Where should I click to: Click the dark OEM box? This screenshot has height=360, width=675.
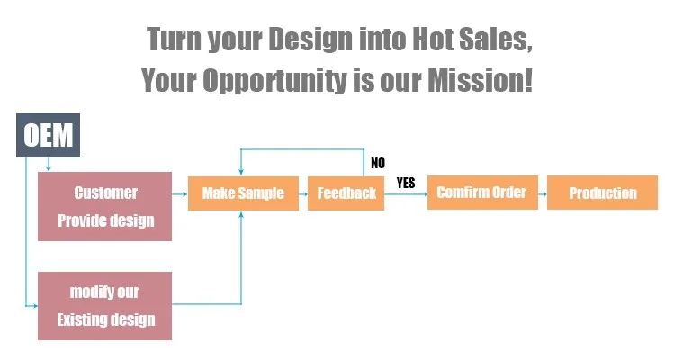[x=49, y=135]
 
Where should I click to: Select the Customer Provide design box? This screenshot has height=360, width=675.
[x=104, y=206]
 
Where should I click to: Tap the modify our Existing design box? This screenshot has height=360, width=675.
[x=104, y=306]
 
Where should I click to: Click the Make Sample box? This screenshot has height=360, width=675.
[x=243, y=193]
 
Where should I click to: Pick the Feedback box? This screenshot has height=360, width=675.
[x=346, y=193]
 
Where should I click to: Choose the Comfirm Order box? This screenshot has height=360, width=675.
[x=482, y=193]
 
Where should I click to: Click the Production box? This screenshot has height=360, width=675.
[x=602, y=193]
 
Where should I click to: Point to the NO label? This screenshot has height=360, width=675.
[x=378, y=163]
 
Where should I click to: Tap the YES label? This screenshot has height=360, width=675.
[x=406, y=183]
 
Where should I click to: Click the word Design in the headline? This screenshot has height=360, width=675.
[x=310, y=40]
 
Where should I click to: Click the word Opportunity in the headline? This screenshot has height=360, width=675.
[x=274, y=81]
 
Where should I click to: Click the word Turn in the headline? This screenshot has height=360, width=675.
[x=174, y=40]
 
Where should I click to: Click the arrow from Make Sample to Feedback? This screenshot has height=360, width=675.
[x=303, y=194]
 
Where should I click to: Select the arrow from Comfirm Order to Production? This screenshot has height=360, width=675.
[x=543, y=194]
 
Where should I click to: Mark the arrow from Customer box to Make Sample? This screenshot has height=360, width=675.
[x=180, y=194]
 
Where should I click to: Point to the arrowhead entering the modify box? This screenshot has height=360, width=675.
[x=35, y=306]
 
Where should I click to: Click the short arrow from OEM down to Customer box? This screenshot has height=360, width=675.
[x=49, y=165]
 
